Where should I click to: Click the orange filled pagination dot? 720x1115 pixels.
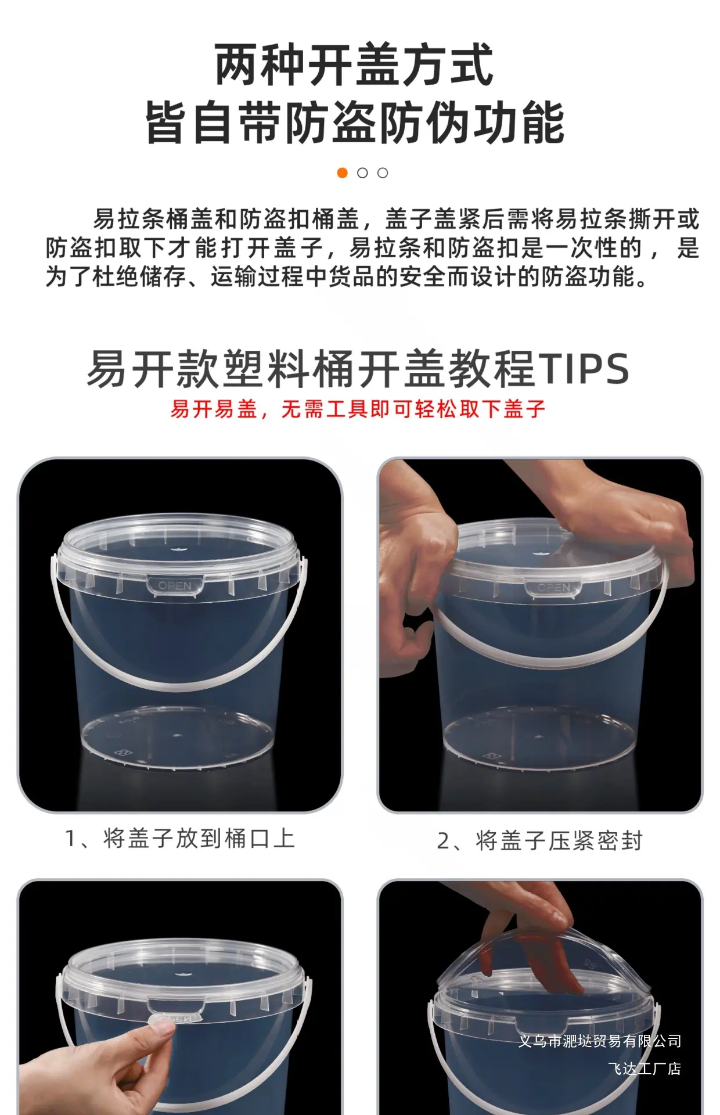tap(343, 173)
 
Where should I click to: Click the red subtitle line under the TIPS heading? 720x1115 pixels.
tap(358, 409)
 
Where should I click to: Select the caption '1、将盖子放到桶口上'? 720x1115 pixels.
tap(181, 839)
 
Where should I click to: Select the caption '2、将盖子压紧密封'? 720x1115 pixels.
tap(540, 841)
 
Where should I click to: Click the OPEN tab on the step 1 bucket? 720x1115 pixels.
tap(175, 586)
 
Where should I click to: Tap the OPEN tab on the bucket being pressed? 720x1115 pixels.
tap(554, 588)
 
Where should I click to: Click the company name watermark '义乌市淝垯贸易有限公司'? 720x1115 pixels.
tap(600, 1041)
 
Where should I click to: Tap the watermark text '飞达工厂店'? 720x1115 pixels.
tap(645, 1069)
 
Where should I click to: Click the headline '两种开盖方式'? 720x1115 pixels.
tap(354, 65)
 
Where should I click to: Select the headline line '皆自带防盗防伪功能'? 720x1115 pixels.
tap(355, 122)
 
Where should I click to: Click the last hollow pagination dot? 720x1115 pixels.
tap(383, 173)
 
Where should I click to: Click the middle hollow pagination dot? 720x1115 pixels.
tap(362, 173)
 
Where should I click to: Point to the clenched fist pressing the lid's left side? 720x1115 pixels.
tap(416, 575)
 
